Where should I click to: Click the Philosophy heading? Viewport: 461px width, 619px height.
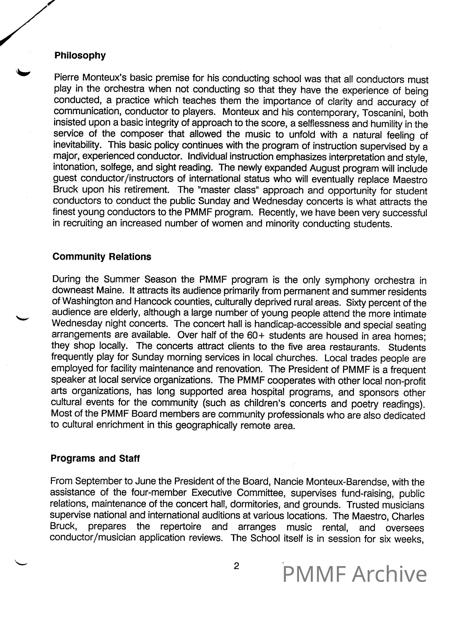click(80, 56)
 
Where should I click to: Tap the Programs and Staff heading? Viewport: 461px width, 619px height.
click(95, 458)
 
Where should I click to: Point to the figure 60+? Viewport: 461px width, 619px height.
click(256, 335)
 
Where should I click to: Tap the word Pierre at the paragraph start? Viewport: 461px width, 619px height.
click(66, 77)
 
